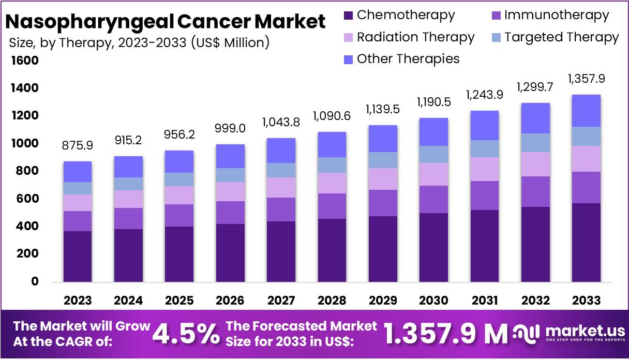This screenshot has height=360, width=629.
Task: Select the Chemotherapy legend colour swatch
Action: click(x=349, y=16)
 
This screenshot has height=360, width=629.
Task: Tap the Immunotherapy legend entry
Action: click(x=550, y=16)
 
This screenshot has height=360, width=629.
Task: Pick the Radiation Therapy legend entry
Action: click(x=409, y=37)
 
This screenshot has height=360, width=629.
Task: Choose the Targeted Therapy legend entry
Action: click(x=555, y=37)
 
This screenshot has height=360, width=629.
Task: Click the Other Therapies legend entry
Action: click(x=401, y=59)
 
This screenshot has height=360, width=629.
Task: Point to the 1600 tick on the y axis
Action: click(x=24, y=61)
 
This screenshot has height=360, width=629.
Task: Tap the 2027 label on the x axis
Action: click(x=280, y=301)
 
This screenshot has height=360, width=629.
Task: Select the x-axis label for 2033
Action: click(x=587, y=301)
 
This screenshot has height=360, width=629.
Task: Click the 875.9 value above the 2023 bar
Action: click(x=77, y=146)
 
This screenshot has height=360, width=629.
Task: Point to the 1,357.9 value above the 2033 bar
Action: click(x=586, y=79)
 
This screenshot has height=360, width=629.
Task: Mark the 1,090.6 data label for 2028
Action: click(x=332, y=116)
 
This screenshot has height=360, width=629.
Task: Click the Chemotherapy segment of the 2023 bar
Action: click(x=78, y=256)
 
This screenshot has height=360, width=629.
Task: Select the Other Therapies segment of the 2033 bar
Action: click(x=586, y=111)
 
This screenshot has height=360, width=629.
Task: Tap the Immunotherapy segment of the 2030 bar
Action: click(x=433, y=199)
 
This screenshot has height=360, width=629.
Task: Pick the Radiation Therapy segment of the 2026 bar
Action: click(x=231, y=191)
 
